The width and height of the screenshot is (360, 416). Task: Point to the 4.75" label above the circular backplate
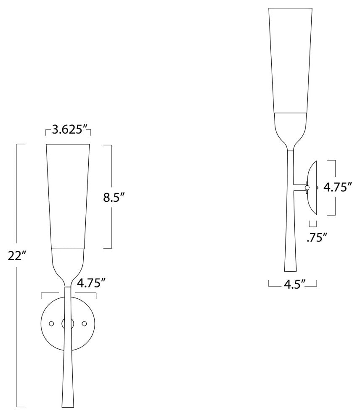[x=91, y=283]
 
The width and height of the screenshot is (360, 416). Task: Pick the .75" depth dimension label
[x=317, y=238]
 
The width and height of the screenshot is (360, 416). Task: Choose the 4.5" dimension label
[x=293, y=284]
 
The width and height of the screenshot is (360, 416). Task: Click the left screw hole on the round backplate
[x=52, y=324]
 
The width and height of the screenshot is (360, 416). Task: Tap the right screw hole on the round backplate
[x=84, y=324]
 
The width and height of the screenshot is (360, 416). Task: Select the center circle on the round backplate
[x=68, y=324]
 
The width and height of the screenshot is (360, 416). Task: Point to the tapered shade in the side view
[x=291, y=61]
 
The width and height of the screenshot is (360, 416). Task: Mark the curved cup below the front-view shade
[x=68, y=265]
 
